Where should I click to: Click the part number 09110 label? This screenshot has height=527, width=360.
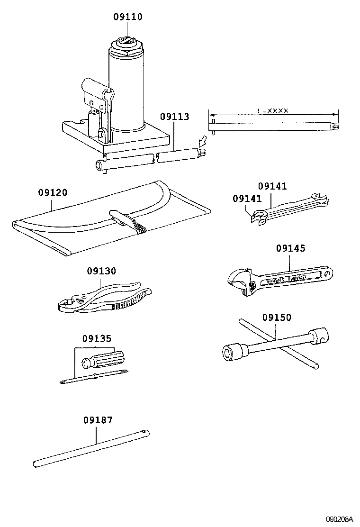coord(127,17)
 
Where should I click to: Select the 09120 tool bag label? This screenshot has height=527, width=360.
coord(52,193)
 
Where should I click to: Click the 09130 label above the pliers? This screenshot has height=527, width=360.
coord(101,271)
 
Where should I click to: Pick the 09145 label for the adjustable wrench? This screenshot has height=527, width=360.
coord(290,248)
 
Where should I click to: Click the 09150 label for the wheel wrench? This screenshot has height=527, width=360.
coord(277,318)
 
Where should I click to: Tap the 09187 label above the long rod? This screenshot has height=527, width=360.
coord(98,420)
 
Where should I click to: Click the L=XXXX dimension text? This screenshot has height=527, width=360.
coord(273,110)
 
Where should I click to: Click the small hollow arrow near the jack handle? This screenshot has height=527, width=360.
coord(202,141)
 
